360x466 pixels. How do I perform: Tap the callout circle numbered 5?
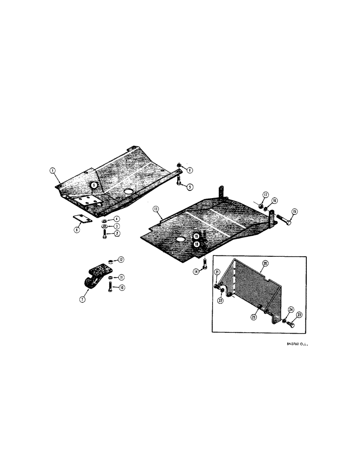[x=191, y=187]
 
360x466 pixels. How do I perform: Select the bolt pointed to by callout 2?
[x=103, y=235]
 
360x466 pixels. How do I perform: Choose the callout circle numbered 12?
[x=121, y=259]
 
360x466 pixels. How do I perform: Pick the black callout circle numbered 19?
[x=196, y=236]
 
